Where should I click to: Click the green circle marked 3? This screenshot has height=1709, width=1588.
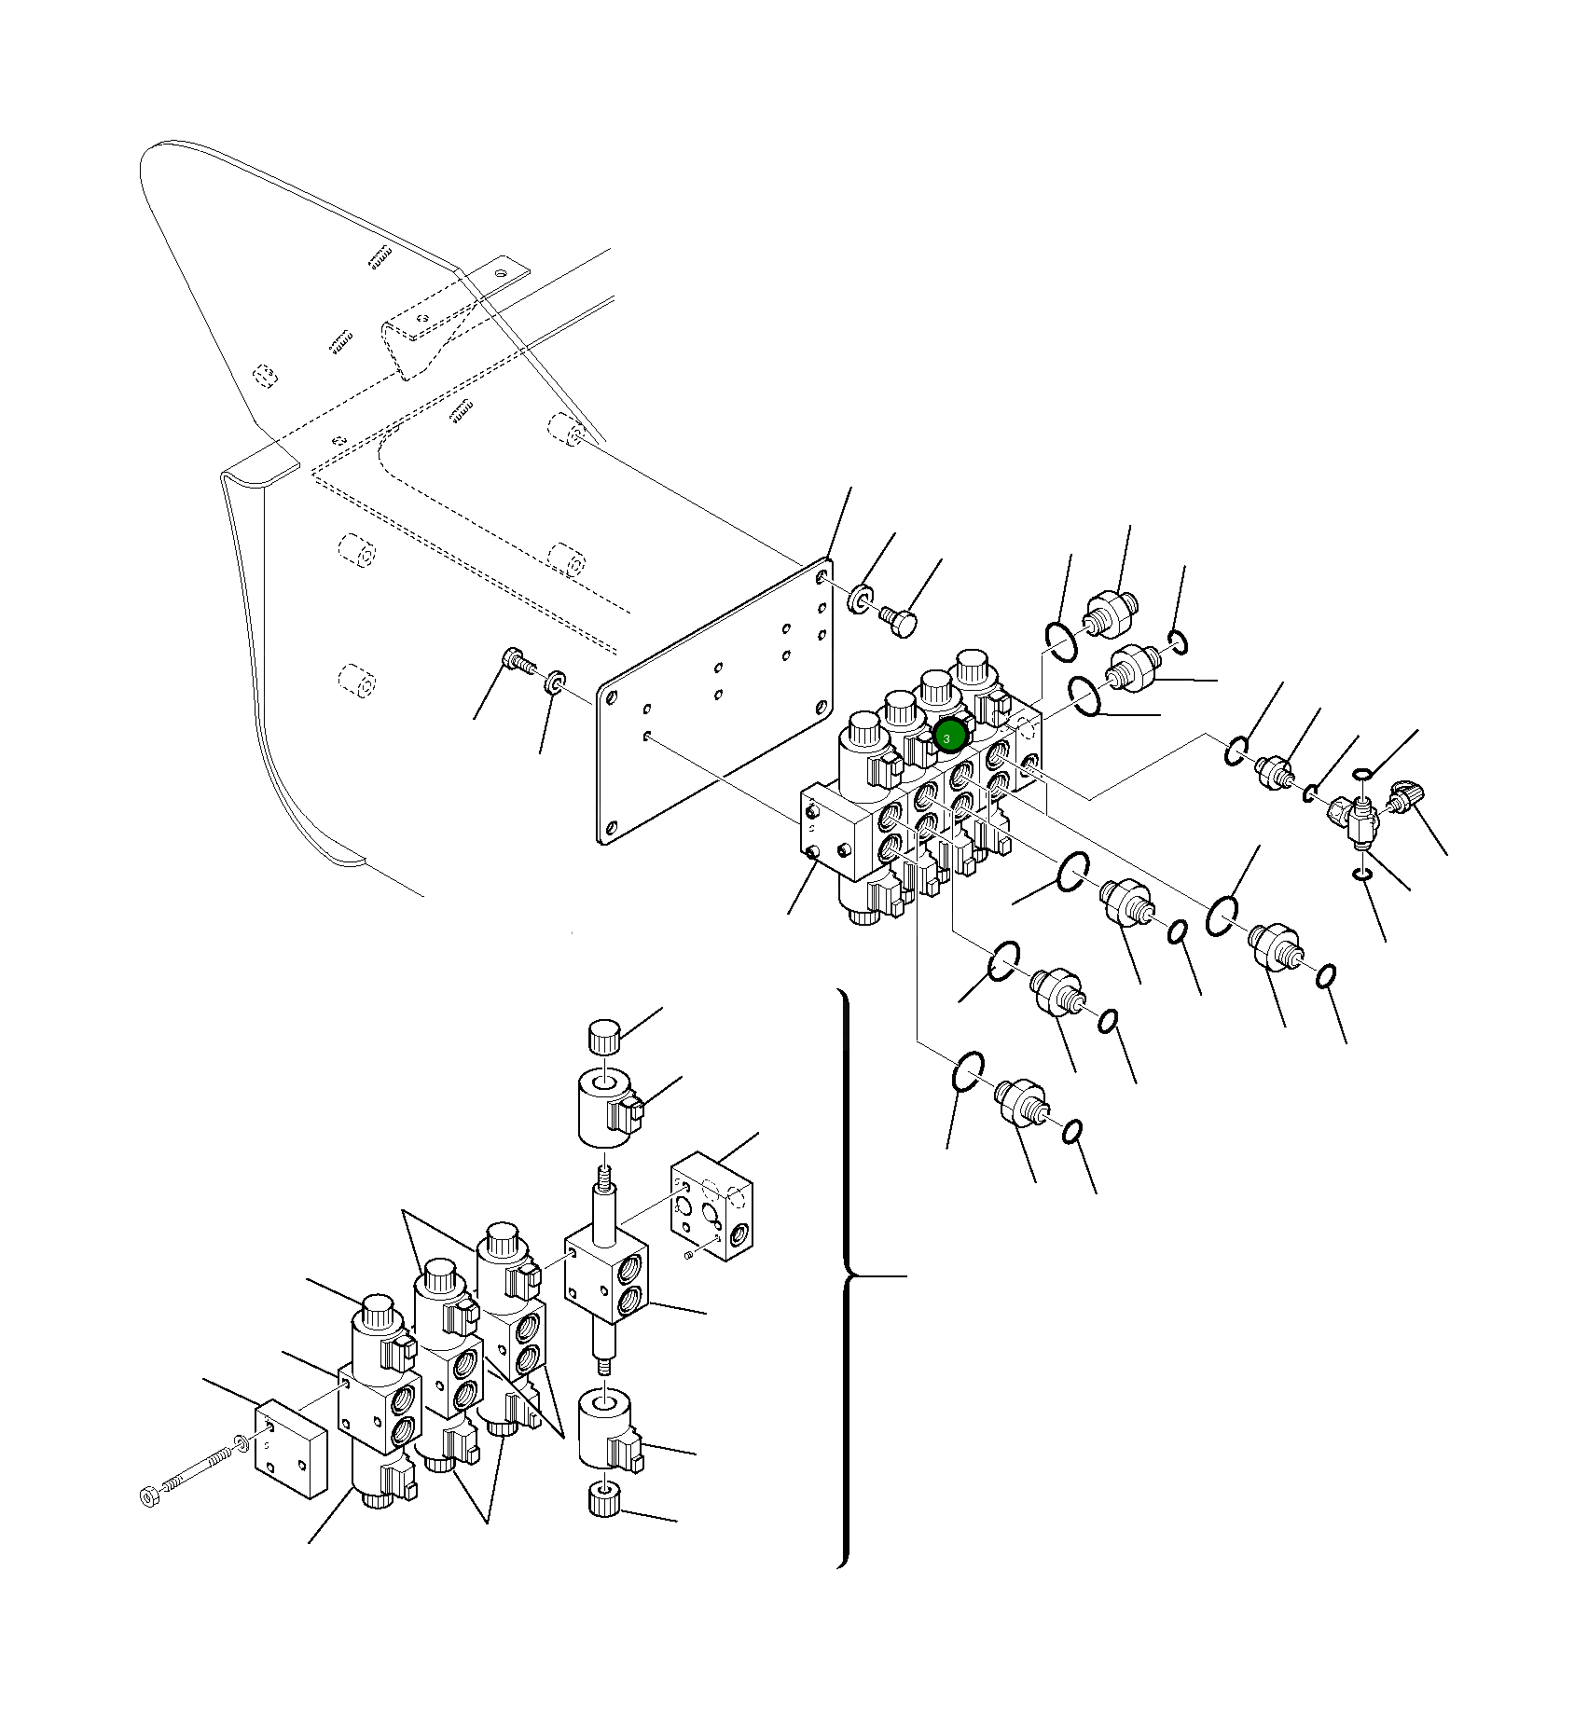(948, 737)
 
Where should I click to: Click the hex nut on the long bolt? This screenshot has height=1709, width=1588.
(148, 1495)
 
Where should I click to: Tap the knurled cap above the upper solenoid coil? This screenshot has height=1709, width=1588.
(604, 1035)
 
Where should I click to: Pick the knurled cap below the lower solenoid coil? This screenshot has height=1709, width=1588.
(604, 1500)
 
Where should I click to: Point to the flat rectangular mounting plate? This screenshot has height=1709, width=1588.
(714, 701)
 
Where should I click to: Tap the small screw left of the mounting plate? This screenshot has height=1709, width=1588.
(516, 659)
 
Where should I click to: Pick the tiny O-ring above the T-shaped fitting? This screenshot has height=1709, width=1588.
(1362, 774)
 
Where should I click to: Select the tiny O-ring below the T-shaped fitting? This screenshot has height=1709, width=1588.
(1362, 874)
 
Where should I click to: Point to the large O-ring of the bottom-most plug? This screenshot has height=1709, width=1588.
(968, 1071)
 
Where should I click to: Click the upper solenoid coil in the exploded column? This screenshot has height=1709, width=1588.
(606, 1108)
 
